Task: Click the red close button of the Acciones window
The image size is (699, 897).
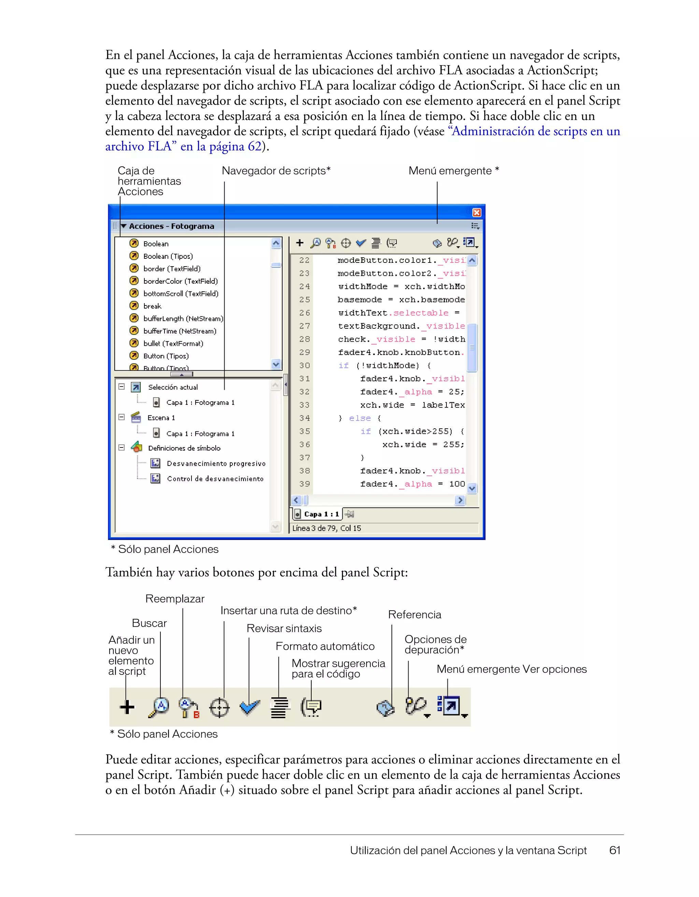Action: (x=476, y=212)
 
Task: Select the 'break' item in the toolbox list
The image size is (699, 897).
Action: (x=152, y=306)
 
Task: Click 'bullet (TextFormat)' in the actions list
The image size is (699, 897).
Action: (x=173, y=343)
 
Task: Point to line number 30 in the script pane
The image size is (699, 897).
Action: (x=304, y=366)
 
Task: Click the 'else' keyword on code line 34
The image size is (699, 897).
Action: (x=360, y=418)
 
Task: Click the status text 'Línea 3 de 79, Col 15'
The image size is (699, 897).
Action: (x=327, y=528)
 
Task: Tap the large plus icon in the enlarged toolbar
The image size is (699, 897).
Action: (x=127, y=707)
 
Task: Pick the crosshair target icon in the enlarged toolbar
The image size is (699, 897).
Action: (x=220, y=708)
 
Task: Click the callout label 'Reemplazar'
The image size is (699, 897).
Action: (x=174, y=599)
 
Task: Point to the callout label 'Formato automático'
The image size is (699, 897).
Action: (x=325, y=646)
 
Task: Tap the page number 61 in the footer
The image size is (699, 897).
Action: (x=614, y=850)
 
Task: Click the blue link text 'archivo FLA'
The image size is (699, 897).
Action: (x=138, y=146)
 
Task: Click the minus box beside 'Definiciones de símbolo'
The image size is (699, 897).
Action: (x=122, y=448)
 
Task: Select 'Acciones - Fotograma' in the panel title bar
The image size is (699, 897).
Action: (x=171, y=226)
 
